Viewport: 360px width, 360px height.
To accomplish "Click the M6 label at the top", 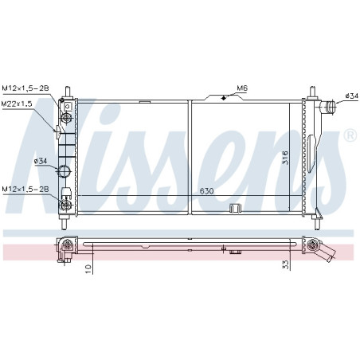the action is coord(241,88).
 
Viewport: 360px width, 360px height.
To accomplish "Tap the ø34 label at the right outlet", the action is coord(351,96).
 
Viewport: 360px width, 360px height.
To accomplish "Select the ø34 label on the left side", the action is coord(40,161).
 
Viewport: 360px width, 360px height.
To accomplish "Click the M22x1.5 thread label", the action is coord(17,104).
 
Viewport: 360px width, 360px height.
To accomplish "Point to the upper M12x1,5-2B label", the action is coord(25,88).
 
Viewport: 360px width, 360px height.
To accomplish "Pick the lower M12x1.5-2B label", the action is coord(25,189).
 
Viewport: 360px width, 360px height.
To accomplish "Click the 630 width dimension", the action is coord(206,191).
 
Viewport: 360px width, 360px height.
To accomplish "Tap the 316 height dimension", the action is coord(284,158).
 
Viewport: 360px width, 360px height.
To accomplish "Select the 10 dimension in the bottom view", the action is coord(88,269).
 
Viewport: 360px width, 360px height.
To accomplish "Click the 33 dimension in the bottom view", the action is coord(285,264).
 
